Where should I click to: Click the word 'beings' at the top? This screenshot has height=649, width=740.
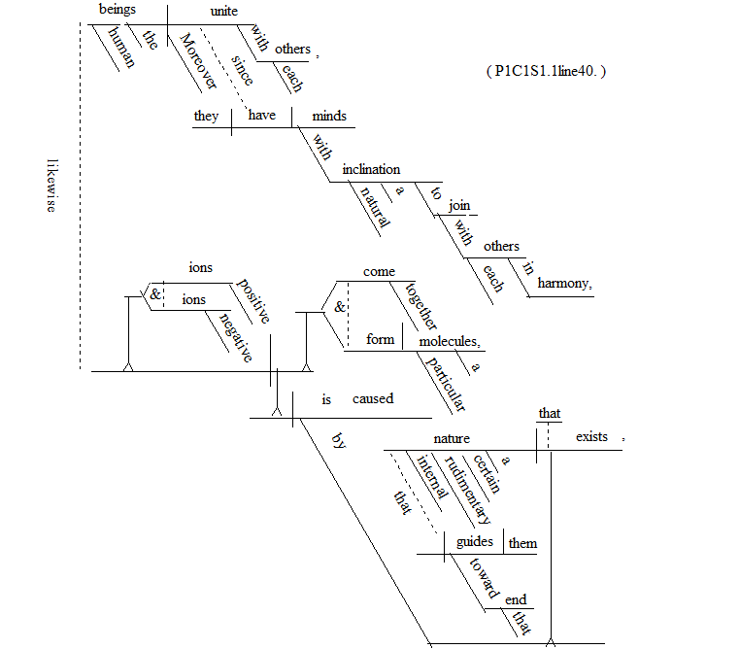coord(118,11)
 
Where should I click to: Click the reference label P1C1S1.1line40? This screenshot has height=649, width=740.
coord(546,72)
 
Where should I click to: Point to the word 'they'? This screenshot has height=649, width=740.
coord(207,116)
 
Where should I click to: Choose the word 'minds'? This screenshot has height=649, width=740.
coord(328,116)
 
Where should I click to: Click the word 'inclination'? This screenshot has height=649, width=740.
coord(371,169)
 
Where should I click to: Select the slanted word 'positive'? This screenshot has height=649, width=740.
coord(252,302)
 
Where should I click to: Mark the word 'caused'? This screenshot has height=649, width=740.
coord(372,398)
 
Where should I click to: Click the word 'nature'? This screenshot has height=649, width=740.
coord(452,438)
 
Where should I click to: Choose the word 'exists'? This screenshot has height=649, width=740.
coord(591,437)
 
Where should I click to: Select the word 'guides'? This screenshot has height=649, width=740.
coord(476,542)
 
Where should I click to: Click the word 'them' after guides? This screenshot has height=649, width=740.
coord(522,543)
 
